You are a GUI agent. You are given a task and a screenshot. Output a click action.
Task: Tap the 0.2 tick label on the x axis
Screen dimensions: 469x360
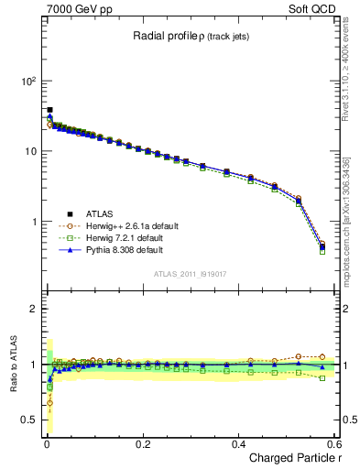point(142,443)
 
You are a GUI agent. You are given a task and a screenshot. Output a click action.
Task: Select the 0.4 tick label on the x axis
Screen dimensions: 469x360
point(238,443)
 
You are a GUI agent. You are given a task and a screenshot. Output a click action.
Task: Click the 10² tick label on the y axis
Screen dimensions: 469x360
point(27,81)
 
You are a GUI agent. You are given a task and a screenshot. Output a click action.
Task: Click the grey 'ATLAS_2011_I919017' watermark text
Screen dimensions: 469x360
point(190,275)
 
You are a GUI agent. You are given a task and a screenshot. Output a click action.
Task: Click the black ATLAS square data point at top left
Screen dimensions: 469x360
point(49,110)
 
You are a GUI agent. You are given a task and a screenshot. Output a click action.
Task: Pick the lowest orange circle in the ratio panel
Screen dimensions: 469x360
point(49,402)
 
